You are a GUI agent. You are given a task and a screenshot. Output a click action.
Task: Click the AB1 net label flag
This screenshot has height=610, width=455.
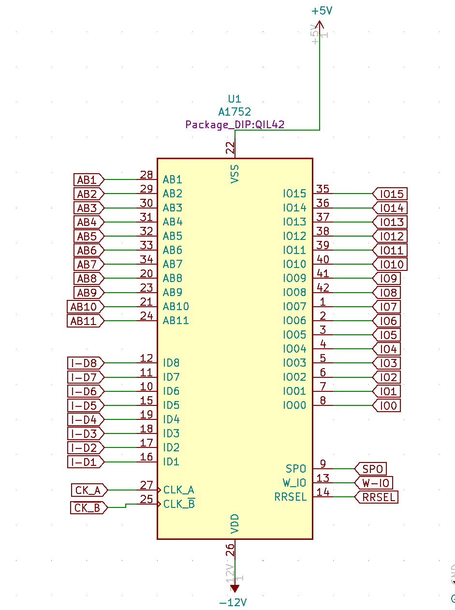pos(88,180)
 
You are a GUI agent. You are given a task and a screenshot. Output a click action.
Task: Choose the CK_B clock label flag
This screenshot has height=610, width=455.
pos(88,508)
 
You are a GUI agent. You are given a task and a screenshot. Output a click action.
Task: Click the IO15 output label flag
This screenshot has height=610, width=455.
pos(390,194)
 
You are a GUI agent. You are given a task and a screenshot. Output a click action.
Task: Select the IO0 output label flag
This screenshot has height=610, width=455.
pos(387,405)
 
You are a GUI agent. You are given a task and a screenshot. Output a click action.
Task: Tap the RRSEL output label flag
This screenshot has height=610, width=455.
pos(377,497)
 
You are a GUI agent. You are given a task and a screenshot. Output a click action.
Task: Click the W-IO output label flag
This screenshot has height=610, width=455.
pos(374,483)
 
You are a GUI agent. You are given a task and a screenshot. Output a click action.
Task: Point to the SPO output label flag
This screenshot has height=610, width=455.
pos(371,469)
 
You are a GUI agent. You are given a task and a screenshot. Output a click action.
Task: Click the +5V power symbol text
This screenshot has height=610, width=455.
pos(322,11)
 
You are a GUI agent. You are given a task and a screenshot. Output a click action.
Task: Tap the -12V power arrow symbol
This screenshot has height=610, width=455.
pos(235,588)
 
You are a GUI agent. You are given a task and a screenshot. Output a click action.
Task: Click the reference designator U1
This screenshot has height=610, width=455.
pos(235,99)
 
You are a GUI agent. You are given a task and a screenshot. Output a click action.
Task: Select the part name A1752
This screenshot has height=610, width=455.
pos(235,112)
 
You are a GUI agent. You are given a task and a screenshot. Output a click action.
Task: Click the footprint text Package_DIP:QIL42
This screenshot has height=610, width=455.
pos(235,125)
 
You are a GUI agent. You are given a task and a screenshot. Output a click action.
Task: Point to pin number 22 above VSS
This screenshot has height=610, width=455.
pos(231,148)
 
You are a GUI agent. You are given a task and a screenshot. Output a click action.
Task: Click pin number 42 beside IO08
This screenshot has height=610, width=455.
pos(323,287)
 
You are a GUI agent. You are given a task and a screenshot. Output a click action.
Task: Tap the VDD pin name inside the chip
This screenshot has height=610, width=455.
pos(235,523)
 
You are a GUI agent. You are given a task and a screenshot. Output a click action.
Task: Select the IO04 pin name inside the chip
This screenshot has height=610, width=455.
pos(294,349)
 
